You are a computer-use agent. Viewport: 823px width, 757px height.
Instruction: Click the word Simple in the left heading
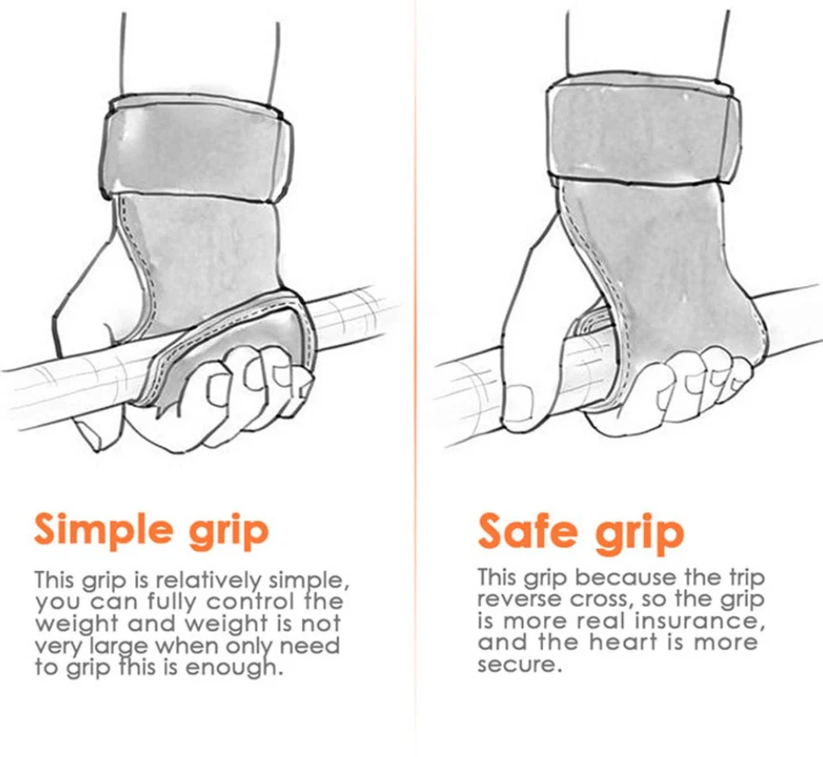[104, 529]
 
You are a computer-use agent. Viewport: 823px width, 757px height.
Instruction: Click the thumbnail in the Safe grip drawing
[517, 401]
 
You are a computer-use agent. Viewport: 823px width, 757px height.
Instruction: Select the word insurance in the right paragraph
[696, 621]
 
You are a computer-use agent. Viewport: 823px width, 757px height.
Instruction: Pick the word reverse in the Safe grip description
[515, 599]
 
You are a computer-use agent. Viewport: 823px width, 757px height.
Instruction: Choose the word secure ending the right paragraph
[516, 665]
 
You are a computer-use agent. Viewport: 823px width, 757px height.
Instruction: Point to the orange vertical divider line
[416, 378]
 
